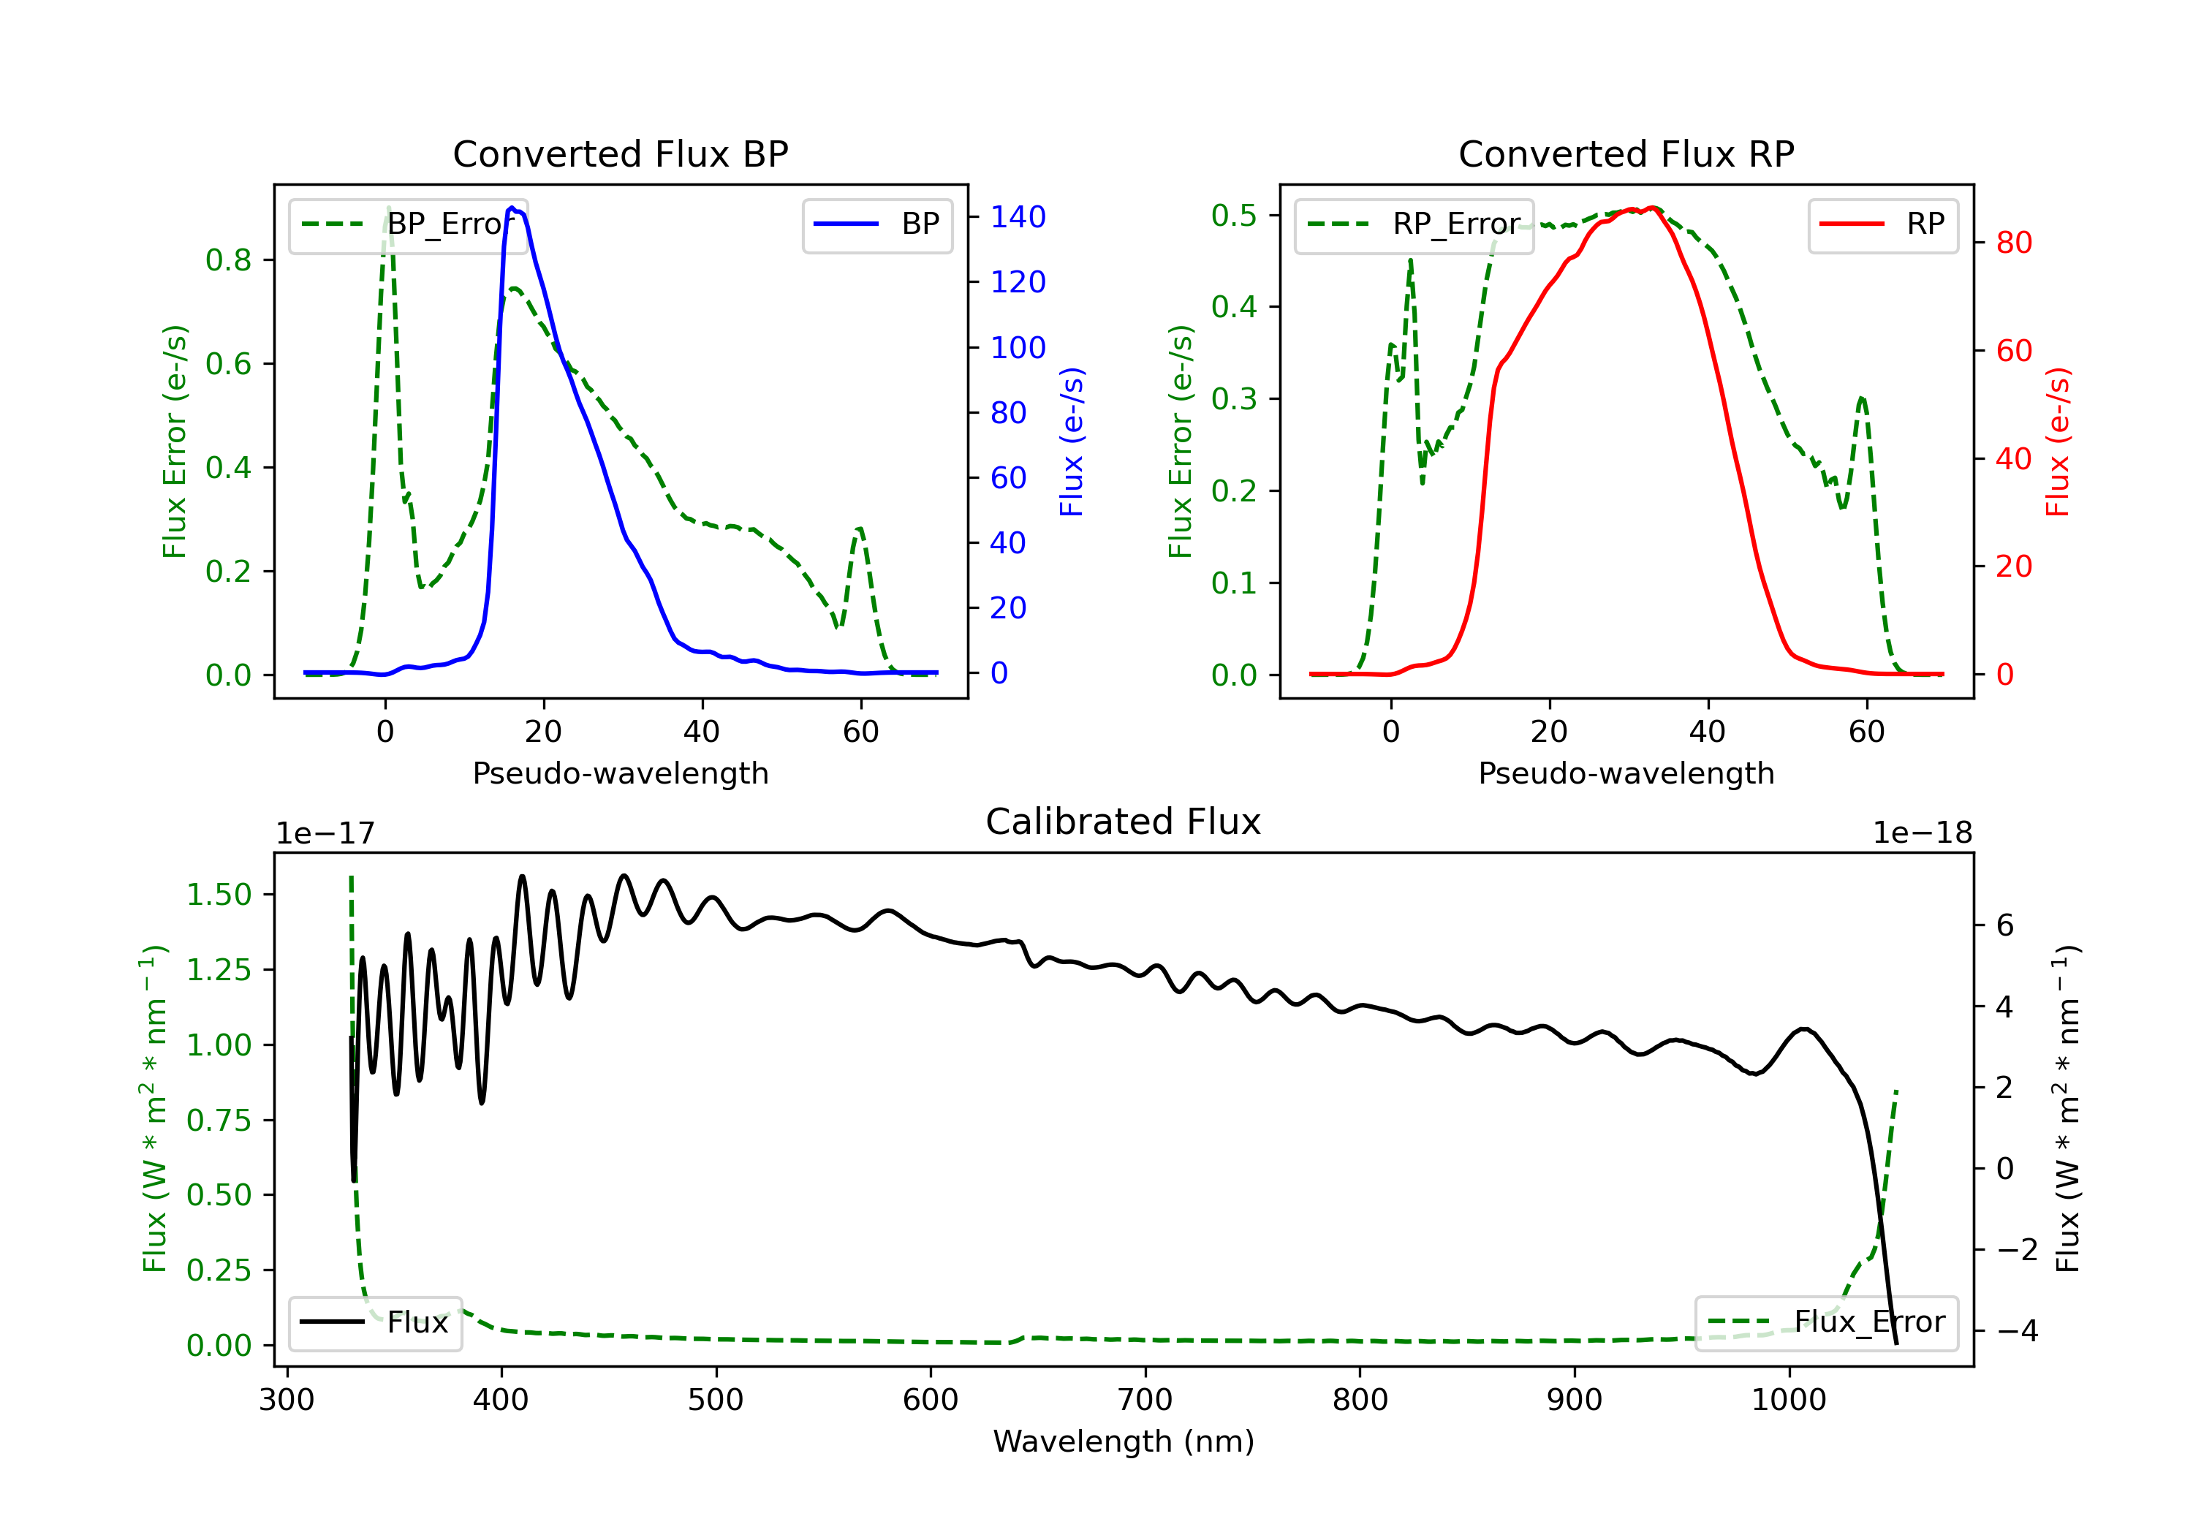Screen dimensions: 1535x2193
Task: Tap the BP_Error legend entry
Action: (x=409, y=224)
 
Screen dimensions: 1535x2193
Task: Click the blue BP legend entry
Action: (x=876, y=224)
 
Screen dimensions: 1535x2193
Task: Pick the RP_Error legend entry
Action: (x=1414, y=224)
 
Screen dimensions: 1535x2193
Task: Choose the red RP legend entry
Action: (x=1882, y=224)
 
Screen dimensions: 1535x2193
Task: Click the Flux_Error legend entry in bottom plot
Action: (x=1826, y=1322)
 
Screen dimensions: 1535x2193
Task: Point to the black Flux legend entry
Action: (x=374, y=1322)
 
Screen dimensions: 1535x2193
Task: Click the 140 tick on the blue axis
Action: (x=1018, y=218)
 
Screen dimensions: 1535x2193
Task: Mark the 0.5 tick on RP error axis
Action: (x=1233, y=216)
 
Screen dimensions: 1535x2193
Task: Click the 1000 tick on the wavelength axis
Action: (x=1788, y=1401)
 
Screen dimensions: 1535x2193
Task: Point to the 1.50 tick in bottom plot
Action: (x=218, y=895)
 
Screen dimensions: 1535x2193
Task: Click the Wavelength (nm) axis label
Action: (x=1124, y=1441)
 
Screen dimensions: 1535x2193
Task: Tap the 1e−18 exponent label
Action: (x=1922, y=833)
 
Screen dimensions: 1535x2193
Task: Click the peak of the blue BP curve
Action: (x=512, y=208)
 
